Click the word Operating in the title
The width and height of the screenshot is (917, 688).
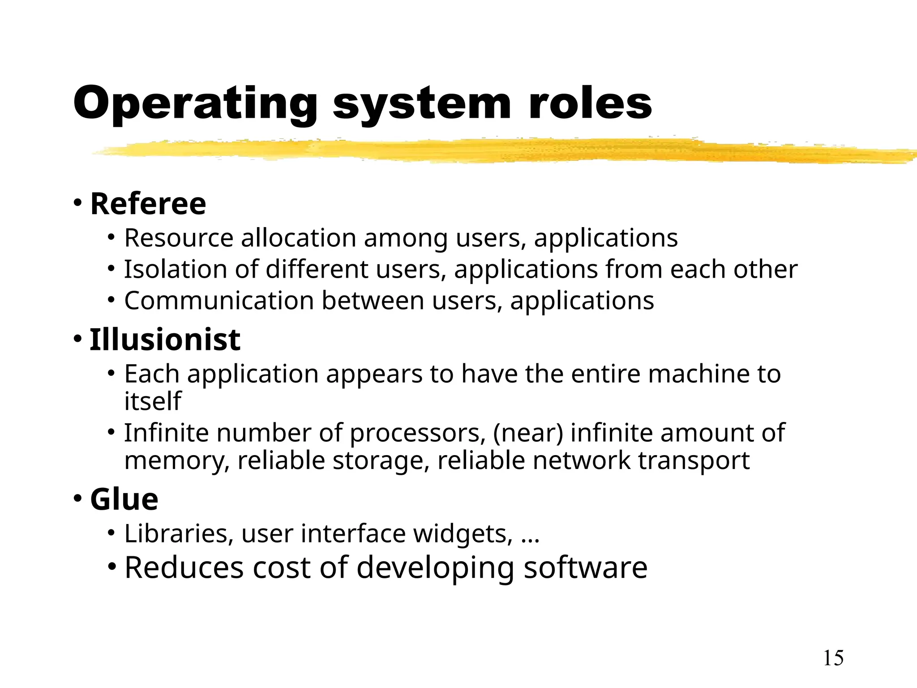click(195, 104)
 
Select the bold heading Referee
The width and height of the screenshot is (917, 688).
click(148, 204)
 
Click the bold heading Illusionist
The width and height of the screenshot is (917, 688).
click(165, 340)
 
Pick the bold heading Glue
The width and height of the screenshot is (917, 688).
click(124, 499)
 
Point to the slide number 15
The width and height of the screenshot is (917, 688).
click(833, 658)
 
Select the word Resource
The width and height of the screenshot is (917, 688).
click(179, 238)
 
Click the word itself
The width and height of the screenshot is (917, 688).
click(153, 401)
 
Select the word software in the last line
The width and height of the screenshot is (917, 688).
click(586, 568)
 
